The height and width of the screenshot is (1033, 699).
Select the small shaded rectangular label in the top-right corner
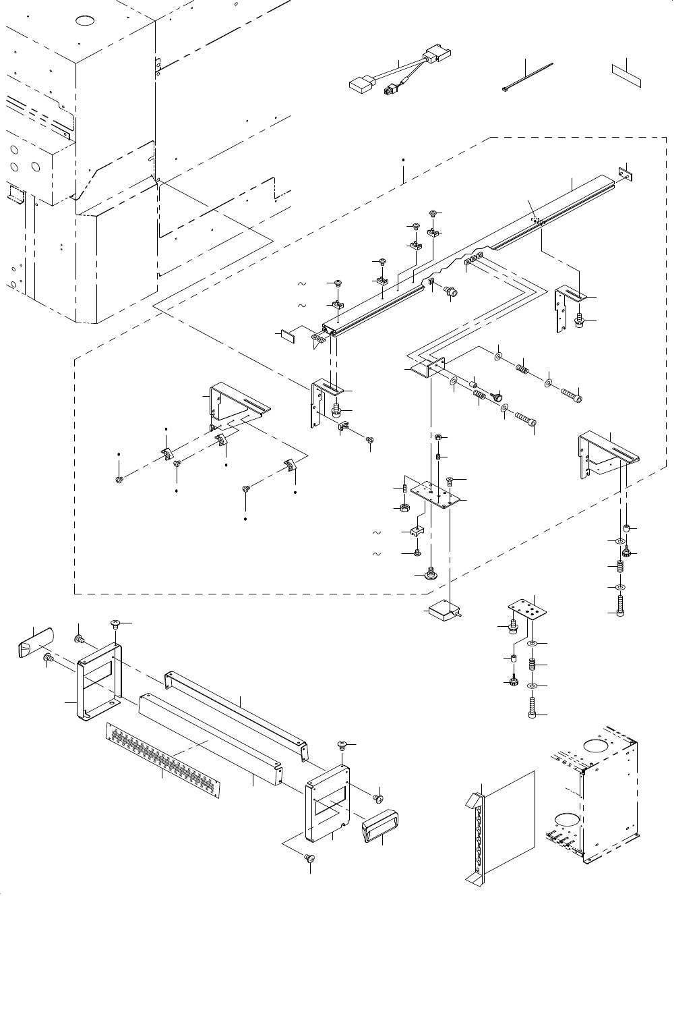(626, 76)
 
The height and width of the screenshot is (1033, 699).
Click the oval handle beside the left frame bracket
(34, 640)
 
